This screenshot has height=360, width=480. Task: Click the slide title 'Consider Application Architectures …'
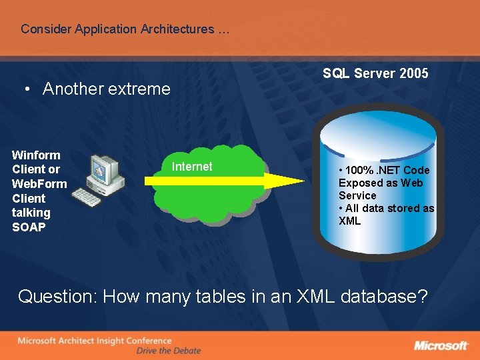pos(125,29)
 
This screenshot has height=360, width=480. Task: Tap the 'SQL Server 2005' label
pos(375,73)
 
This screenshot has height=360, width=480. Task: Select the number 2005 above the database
pos(414,73)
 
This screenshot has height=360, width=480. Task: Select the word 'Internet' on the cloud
pos(192,167)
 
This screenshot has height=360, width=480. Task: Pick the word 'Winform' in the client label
pos(36,155)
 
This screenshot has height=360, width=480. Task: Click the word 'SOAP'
pos(29,227)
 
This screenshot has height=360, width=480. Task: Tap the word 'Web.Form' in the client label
pos(39,184)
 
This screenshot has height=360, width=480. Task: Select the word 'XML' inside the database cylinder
pos(349,221)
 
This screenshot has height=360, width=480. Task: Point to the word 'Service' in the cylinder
pos(357,195)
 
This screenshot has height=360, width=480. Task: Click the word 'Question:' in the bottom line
pos(59,297)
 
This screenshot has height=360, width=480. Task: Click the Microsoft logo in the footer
pos(441,345)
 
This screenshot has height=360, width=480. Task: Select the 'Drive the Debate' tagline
pos(168,351)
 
